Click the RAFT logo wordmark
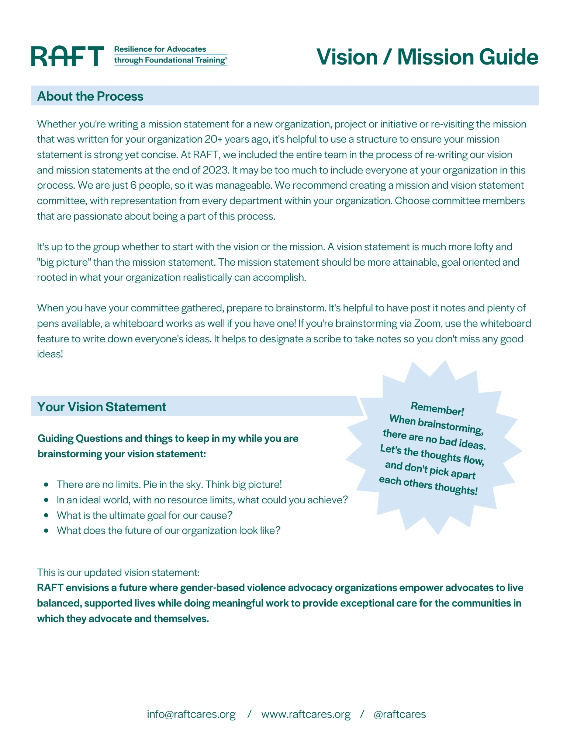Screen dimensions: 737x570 click(x=67, y=56)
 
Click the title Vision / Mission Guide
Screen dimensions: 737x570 click(x=427, y=57)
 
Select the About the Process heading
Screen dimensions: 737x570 click(x=90, y=96)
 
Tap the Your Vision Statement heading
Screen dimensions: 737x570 click(x=102, y=407)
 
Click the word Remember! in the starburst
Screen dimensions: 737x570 click(x=437, y=409)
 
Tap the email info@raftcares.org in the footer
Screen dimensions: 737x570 click(x=191, y=714)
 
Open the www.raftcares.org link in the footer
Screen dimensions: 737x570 click(x=306, y=714)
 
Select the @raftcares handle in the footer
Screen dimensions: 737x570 click(x=400, y=714)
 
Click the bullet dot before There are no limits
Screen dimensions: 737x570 click(x=46, y=485)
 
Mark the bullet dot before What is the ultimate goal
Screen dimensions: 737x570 click(x=46, y=516)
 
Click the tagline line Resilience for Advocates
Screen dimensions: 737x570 click(x=160, y=49)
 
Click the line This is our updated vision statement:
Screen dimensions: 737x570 click(x=118, y=572)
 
